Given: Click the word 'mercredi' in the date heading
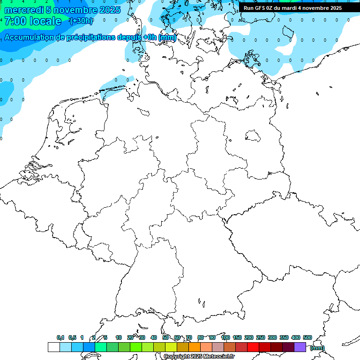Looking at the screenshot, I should point(23,10).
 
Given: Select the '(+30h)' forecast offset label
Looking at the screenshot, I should point(81,21).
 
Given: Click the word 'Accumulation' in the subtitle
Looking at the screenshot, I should point(31,37).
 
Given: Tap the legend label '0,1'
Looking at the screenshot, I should point(60,338).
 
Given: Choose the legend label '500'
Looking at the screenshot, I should point(307,338).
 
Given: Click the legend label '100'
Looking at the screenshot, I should point(225,338).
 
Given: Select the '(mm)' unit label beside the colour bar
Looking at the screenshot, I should point(317,348).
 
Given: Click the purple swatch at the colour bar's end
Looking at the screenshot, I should point(300,347).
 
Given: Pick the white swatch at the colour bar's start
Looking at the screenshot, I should point(53,347).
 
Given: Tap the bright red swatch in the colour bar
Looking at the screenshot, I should point(253,347).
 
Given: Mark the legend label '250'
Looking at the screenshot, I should point(261,338).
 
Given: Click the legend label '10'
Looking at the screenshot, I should point(119,338).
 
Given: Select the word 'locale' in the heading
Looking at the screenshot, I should point(45,21).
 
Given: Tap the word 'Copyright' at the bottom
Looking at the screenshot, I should point(177,357).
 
